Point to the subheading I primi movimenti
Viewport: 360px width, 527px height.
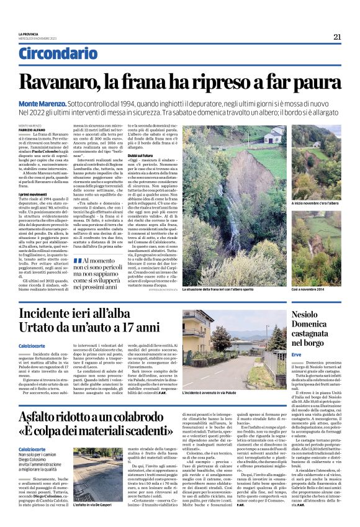point(33,194)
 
